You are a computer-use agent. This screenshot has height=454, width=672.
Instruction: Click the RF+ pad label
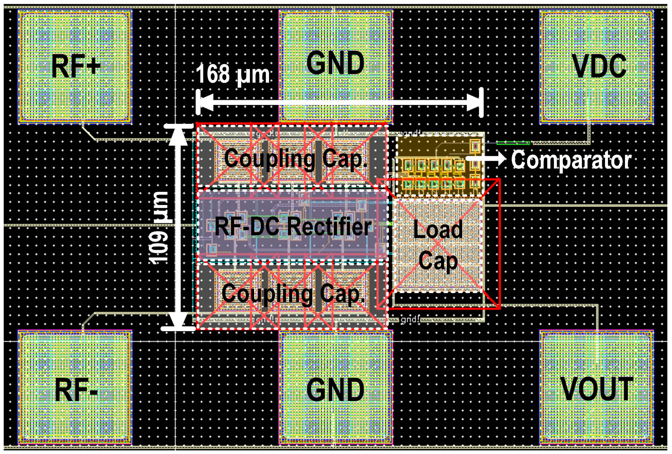point(76,66)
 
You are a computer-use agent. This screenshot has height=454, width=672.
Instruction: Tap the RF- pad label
point(77,390)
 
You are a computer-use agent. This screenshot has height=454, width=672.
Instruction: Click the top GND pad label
point(335,62)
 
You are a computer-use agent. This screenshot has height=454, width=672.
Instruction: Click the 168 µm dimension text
point(233,74)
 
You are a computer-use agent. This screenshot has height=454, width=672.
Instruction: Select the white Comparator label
point(571,160)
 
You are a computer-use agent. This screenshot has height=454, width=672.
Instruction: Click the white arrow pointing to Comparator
point(486,158)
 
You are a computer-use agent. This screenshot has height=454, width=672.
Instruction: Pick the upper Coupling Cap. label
point(296,158)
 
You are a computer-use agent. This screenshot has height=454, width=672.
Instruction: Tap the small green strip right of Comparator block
point(513,143)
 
